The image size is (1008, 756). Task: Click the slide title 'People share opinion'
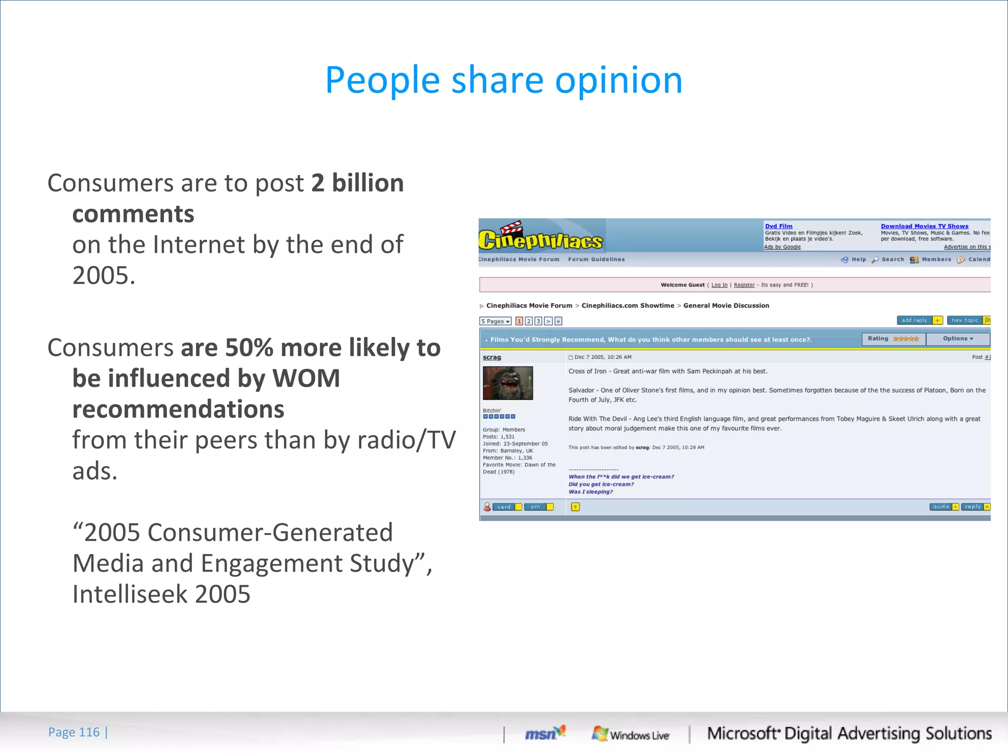(x=504, y=80)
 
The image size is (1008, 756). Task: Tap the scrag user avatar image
(x=507, y=383)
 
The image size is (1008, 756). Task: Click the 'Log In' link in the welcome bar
(x=719, y=285)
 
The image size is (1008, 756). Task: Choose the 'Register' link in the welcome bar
(x=744, y=285)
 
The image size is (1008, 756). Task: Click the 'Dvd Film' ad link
(x=779, y=226)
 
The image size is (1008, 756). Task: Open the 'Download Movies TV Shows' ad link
(x=924, y=226)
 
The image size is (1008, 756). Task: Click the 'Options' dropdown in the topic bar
(x=958, y=339)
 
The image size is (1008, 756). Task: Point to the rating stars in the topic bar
(x=906, y=339)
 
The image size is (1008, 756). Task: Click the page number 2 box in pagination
(x=529, y=321)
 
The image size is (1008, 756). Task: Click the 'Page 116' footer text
(x=74, y=732)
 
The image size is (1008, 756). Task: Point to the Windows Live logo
(x=630, y=734)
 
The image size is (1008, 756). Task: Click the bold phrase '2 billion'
(x=357, y=183)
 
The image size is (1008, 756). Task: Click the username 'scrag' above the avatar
(x=492, y=357)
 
